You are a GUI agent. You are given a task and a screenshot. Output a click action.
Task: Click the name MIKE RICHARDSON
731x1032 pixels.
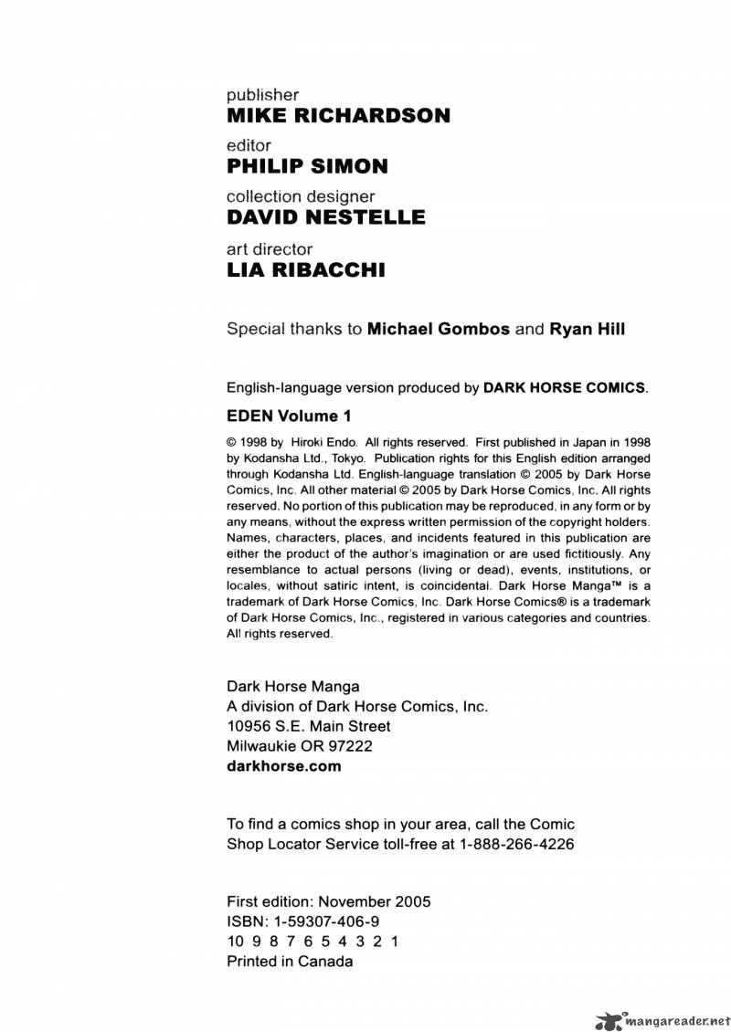[x=338, y=116]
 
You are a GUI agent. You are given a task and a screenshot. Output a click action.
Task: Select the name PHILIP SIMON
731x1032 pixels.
[x=307, y=166]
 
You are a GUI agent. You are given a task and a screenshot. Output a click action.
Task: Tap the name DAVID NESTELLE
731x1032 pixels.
[x=325, y=217]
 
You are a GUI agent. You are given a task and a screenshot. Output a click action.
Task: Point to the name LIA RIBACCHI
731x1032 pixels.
[x=306, y=269]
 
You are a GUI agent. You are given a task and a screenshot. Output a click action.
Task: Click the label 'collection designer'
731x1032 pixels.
[x=301, y=196]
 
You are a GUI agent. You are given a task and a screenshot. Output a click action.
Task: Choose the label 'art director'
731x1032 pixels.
[x=270, y=248]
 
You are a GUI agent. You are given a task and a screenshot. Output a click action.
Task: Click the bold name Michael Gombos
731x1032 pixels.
[x=439, y=330]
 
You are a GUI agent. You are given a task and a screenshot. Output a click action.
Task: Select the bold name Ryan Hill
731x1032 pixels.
[x=587, y=330]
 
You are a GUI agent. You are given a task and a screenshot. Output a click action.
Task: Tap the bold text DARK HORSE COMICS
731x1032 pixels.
[x=564, y=387]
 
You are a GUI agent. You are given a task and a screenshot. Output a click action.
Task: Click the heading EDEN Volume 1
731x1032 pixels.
[x=289, y=416]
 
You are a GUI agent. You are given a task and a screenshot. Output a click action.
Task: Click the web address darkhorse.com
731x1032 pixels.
[x=283, y=766]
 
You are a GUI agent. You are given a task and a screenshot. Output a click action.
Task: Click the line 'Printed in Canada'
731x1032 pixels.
[x=290, y=961]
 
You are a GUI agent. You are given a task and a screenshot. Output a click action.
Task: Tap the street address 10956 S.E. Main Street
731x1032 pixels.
[x=308, y=726]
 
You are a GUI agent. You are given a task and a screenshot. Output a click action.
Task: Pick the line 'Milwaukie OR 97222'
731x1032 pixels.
[x=299, y=746]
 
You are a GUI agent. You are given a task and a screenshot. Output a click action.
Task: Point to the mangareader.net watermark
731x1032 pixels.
[x=664, y=1018]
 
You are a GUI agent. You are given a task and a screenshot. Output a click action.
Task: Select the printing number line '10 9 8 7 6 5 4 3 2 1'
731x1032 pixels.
[x=312, y=941]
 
